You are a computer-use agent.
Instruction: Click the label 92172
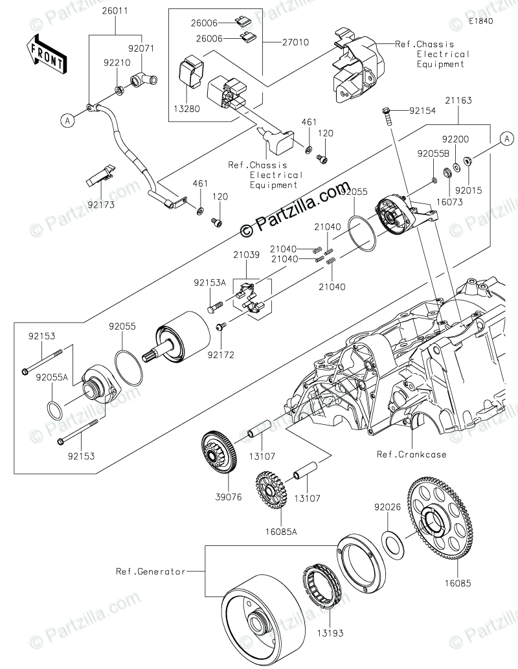(221, 356)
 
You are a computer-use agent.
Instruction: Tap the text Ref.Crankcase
(412, 454)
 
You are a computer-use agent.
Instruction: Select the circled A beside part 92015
(507, 138)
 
